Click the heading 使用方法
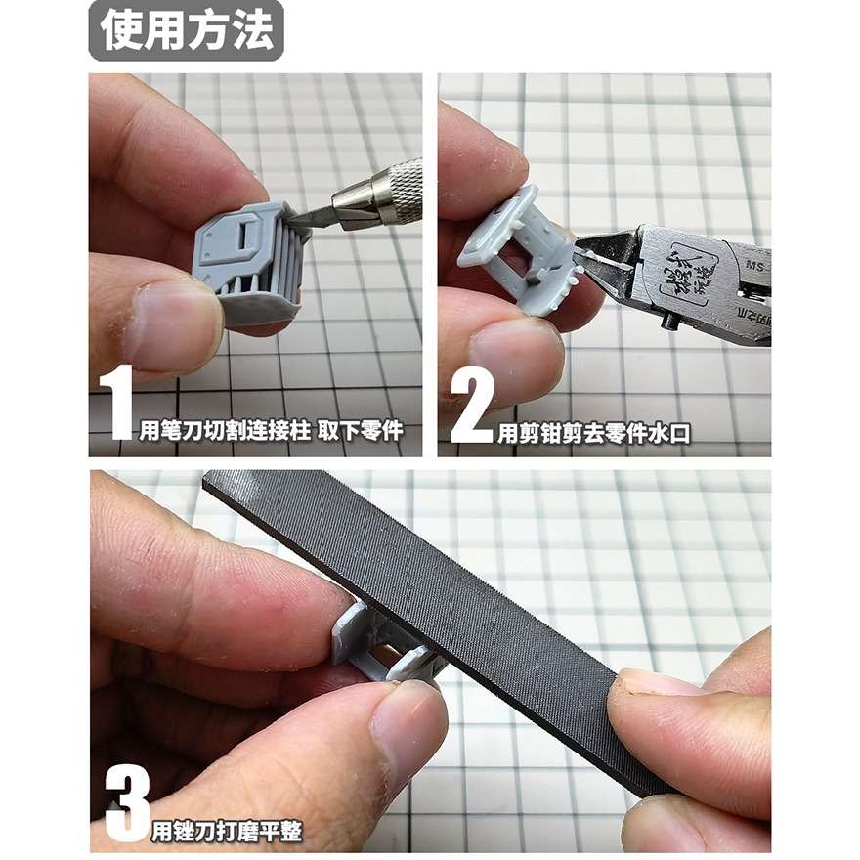pyautogui.click(x=186, y=31)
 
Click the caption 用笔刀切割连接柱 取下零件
pyautogui.click(x=270, y=431)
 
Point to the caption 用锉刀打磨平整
pyautogui.click(x=227, y=832)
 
